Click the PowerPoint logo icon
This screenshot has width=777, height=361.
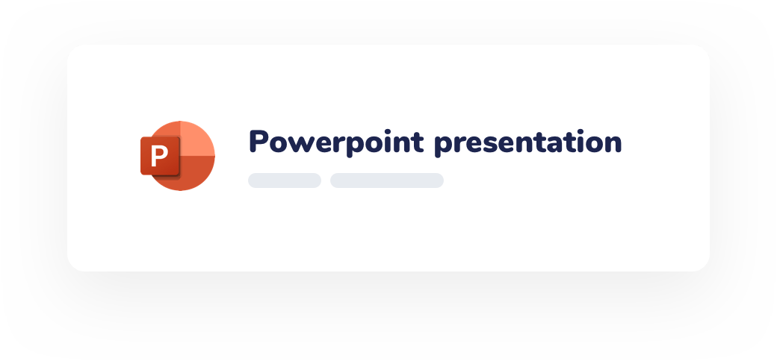[178, 155]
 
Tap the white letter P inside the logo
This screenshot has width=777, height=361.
[158, 157]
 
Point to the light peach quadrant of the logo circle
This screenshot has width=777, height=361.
[198, 138]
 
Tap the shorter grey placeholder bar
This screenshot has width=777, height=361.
[285, 180]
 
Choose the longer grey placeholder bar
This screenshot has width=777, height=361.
[387, 180]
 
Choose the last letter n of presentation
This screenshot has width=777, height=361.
[613, 143]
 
